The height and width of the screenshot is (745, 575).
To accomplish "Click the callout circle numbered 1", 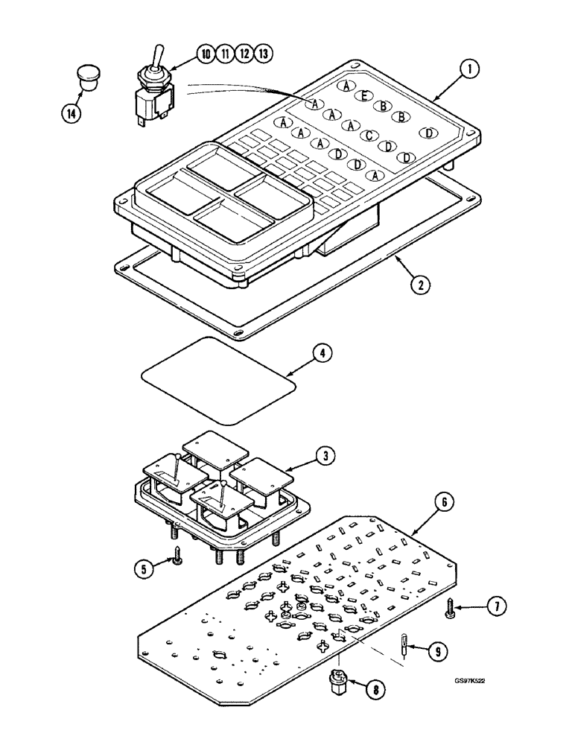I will (x=468, y=72).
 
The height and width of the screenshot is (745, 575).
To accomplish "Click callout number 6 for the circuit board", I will (x=444, y=504).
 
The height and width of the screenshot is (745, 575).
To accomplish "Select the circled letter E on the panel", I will (x=364, y=95).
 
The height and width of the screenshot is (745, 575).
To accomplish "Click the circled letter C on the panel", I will (x=368, y=136).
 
